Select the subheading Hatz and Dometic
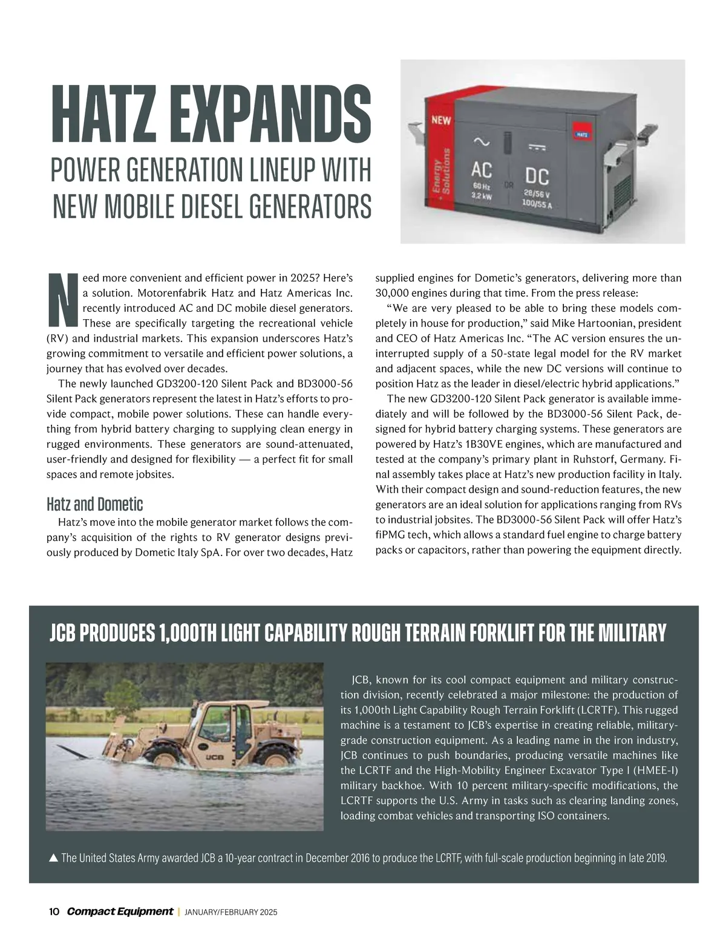tap(94, 504)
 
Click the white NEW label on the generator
tap(441, 120)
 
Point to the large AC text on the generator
tap(482, 170)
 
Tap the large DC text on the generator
tap(537, 176)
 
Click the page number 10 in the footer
tap(53, 912)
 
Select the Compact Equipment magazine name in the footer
tap(119, 912)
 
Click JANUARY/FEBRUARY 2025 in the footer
tap(231, 913)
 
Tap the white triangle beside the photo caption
tap(53, 858)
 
